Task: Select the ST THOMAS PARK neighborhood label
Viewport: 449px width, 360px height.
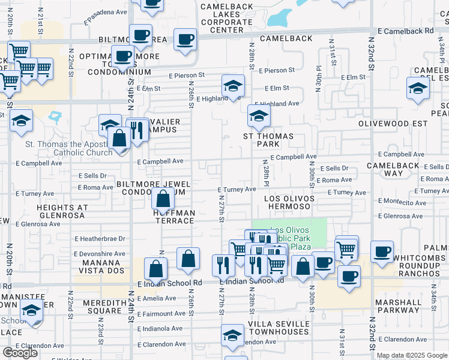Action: click(268, 140)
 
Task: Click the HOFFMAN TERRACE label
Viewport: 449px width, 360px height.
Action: click(173, 217)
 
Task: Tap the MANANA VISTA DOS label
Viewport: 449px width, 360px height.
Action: click(100, 266)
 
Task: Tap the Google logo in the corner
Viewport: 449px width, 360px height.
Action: click(20, 352)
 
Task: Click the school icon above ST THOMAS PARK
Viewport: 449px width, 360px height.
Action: click(259, 115)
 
